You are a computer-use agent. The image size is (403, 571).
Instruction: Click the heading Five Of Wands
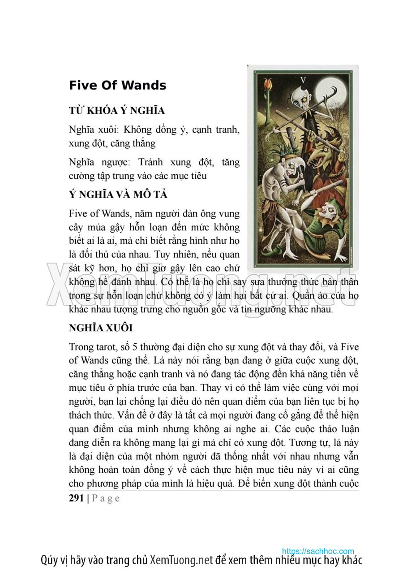click(117, 86)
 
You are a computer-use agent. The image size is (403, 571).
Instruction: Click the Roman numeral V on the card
click(303, 80)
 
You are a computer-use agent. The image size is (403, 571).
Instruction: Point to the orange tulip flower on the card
click(269, 84)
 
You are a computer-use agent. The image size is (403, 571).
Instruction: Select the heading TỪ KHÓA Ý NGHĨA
click(117, 111)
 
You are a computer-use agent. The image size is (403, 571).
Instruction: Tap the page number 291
click(76, 498)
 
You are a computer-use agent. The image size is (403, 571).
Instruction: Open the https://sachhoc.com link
click(318, 551)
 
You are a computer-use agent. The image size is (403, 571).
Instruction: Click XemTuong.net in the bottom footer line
click(181, 560)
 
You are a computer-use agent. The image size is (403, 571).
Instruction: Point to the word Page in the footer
click(106, 498)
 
